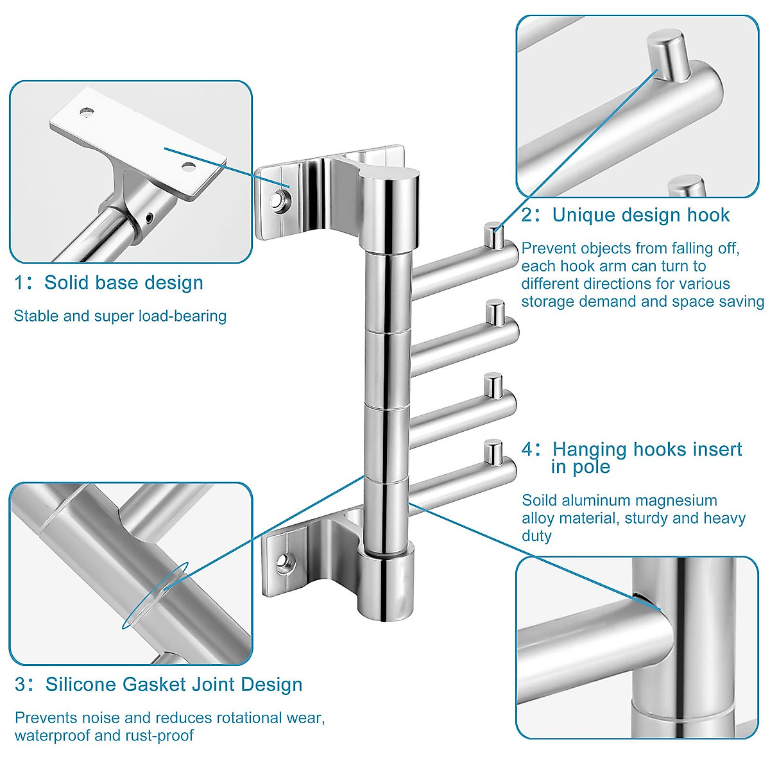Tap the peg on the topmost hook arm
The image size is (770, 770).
pyautogui.click(x=493, y=235)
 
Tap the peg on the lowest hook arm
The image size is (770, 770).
pyautogui.click(x=493, y=452)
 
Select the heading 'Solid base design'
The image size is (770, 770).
pyautogui.click(x=123, y=282)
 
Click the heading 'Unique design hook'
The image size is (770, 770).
pyautogui.click(x=640, y=214)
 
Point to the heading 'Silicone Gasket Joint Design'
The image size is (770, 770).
pyautogui.click(x=173, y=684)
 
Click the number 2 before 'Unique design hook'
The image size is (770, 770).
pyautogui.click(x=527, y=215)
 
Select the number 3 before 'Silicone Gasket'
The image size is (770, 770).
pyautogui.click(x=21, y=685)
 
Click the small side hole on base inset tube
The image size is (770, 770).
pyautogui.click(x=150, y=218)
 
